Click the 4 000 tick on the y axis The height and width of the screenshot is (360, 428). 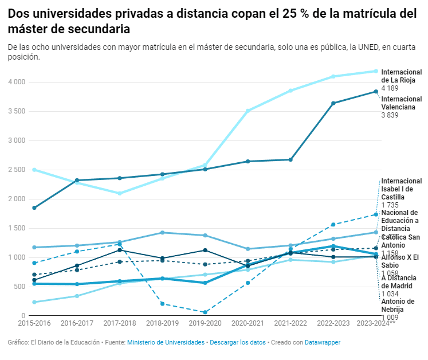pyautogui.click(x=17, y=82)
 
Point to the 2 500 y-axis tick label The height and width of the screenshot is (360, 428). pyautogui.click(x=17, y=170)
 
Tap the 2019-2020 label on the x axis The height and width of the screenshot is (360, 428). pyautogui.click(x=205, y=324)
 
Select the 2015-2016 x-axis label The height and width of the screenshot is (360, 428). pyautogui.click(x=34, y=324)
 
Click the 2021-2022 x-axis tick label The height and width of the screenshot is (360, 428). pyautogui.click(x=290, y=324)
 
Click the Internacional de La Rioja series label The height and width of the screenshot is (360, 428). pyautogui.click(x=401, y=76)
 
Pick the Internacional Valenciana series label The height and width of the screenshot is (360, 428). pyautogui.click(x=401, y=103)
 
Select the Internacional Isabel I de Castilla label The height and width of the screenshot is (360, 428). pyautogui.click(x=401, y=189)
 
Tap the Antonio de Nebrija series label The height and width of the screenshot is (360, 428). pyautogui.click(x=398, y=306)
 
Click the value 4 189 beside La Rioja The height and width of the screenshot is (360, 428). pyautogui.click(x=390, y=89)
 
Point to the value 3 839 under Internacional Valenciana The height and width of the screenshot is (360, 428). pyautogui.click(x=390, y=115)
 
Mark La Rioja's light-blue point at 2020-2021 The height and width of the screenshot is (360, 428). pyautogui.click(x=248, y=111)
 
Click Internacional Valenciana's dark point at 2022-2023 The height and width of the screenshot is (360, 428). pyautogui.click(x=333, y=103)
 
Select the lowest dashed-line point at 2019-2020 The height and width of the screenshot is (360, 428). pyautogui.click(x=205, y=312)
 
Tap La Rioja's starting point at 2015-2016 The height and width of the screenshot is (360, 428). pyautogui.click(x=34, y=170)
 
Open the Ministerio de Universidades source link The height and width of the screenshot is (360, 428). pyautogui.click(x=166, y=342)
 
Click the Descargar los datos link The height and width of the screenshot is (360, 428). pyautogui.click(x=238, y=342)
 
